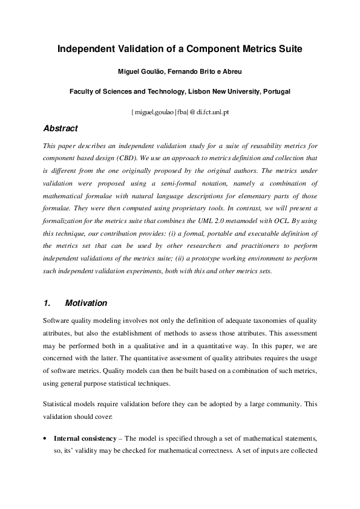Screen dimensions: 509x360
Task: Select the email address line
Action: point(179,112)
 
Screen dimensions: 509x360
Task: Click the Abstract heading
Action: point(61,128)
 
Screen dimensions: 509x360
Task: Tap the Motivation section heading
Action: point(86,303)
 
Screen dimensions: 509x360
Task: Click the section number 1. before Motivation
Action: point(48,303)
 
